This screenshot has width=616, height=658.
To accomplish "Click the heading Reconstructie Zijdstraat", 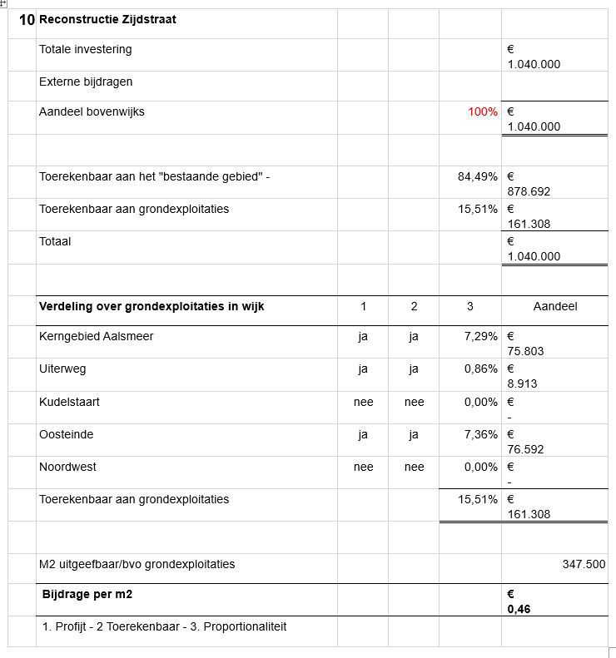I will (107, 20).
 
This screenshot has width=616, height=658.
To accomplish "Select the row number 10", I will (27, 20).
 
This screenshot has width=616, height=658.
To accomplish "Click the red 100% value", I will (483, 111).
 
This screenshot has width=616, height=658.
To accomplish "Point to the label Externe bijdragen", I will (86, 82).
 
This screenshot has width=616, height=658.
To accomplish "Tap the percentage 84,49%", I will (478, 176).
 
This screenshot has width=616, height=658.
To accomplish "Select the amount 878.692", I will (529, 191).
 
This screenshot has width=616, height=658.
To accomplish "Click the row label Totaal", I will (55, 241).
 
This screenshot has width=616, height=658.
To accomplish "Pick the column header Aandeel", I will (554, 307).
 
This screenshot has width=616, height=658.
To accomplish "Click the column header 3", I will (470, 307).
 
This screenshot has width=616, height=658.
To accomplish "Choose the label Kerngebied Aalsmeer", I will (97, 337).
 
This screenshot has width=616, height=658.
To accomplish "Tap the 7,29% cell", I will (481, 337).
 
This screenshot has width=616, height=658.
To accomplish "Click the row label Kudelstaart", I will (69, 402).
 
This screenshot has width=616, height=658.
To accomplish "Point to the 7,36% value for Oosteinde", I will (481, 434).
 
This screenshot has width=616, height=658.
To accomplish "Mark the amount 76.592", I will (525, 449).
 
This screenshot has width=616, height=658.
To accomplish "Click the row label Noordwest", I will (67, 467).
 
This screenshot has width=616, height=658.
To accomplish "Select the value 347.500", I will (584, 564).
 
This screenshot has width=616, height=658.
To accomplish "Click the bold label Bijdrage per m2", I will (87, 594).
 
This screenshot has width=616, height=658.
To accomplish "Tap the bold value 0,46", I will (519, 609).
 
